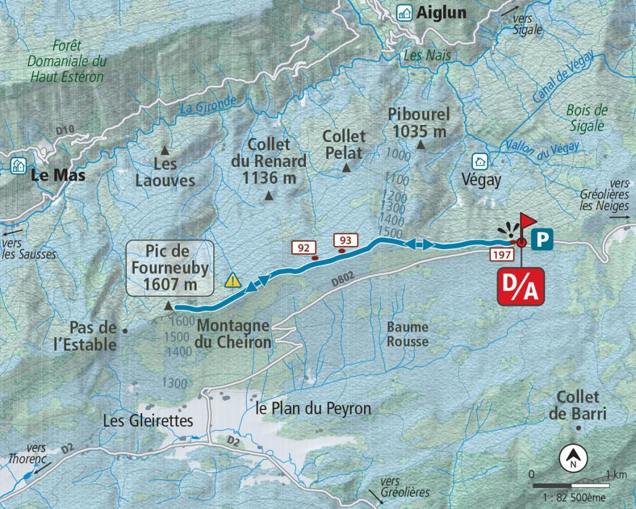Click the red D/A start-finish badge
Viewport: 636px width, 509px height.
pyautogui.click(x=522, y=286)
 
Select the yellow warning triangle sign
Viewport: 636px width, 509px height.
pyautogui.click(x=232, y=280)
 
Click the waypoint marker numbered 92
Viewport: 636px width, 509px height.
pyautogui.click(x=303, y=248)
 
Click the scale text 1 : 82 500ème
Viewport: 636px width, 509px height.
pyautogui.click(x=574, y=498)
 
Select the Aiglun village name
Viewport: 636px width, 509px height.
pyautogui.click(x=441, y=12)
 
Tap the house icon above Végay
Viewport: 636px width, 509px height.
pyautogui.click(x=480, y=161)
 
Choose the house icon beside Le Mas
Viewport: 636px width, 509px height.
pyautogui.click(x=18, y=165)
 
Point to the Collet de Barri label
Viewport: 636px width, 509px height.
pyautogui.click(x=578, y=405)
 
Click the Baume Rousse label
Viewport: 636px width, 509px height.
pyautogui.click(x=407, y=334)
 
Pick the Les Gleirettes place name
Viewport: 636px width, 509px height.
pyautogui.click(x=148, y=421)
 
